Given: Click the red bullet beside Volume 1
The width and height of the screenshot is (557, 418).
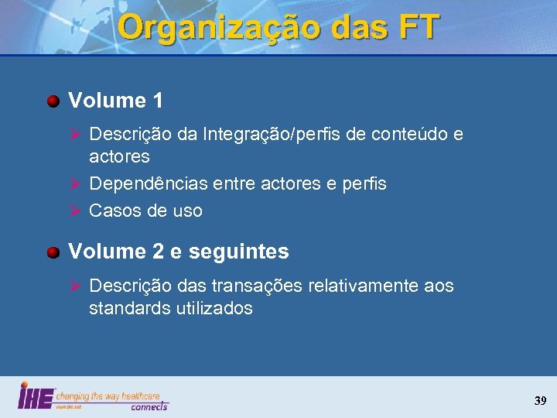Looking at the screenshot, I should [x=53, y=101].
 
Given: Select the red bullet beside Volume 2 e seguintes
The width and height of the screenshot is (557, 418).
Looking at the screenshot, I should [x=53, y=252].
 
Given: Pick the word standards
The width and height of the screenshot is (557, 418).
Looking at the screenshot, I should [x=127, y=308].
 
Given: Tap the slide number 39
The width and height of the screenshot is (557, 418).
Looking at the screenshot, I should [x=539, y=401].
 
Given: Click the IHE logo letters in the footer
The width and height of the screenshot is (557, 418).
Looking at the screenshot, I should [x=36, y=396].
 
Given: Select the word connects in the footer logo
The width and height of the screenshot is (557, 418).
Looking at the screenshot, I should [x=149, y=406].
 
